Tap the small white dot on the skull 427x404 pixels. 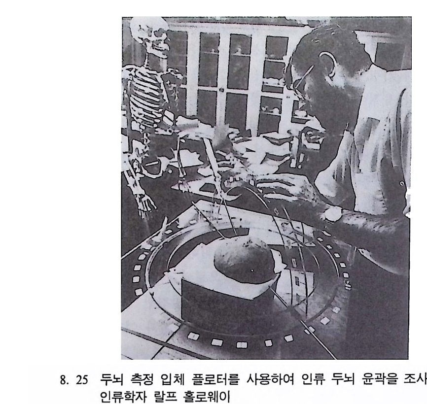pyautogui.click(x=252, y=270)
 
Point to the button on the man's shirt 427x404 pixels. pyautogui.click(x=402, y=184)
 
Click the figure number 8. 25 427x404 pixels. pyautogui.click(x=74, y=380)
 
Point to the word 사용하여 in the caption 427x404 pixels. pyautogui.click(x=270, y=379)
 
